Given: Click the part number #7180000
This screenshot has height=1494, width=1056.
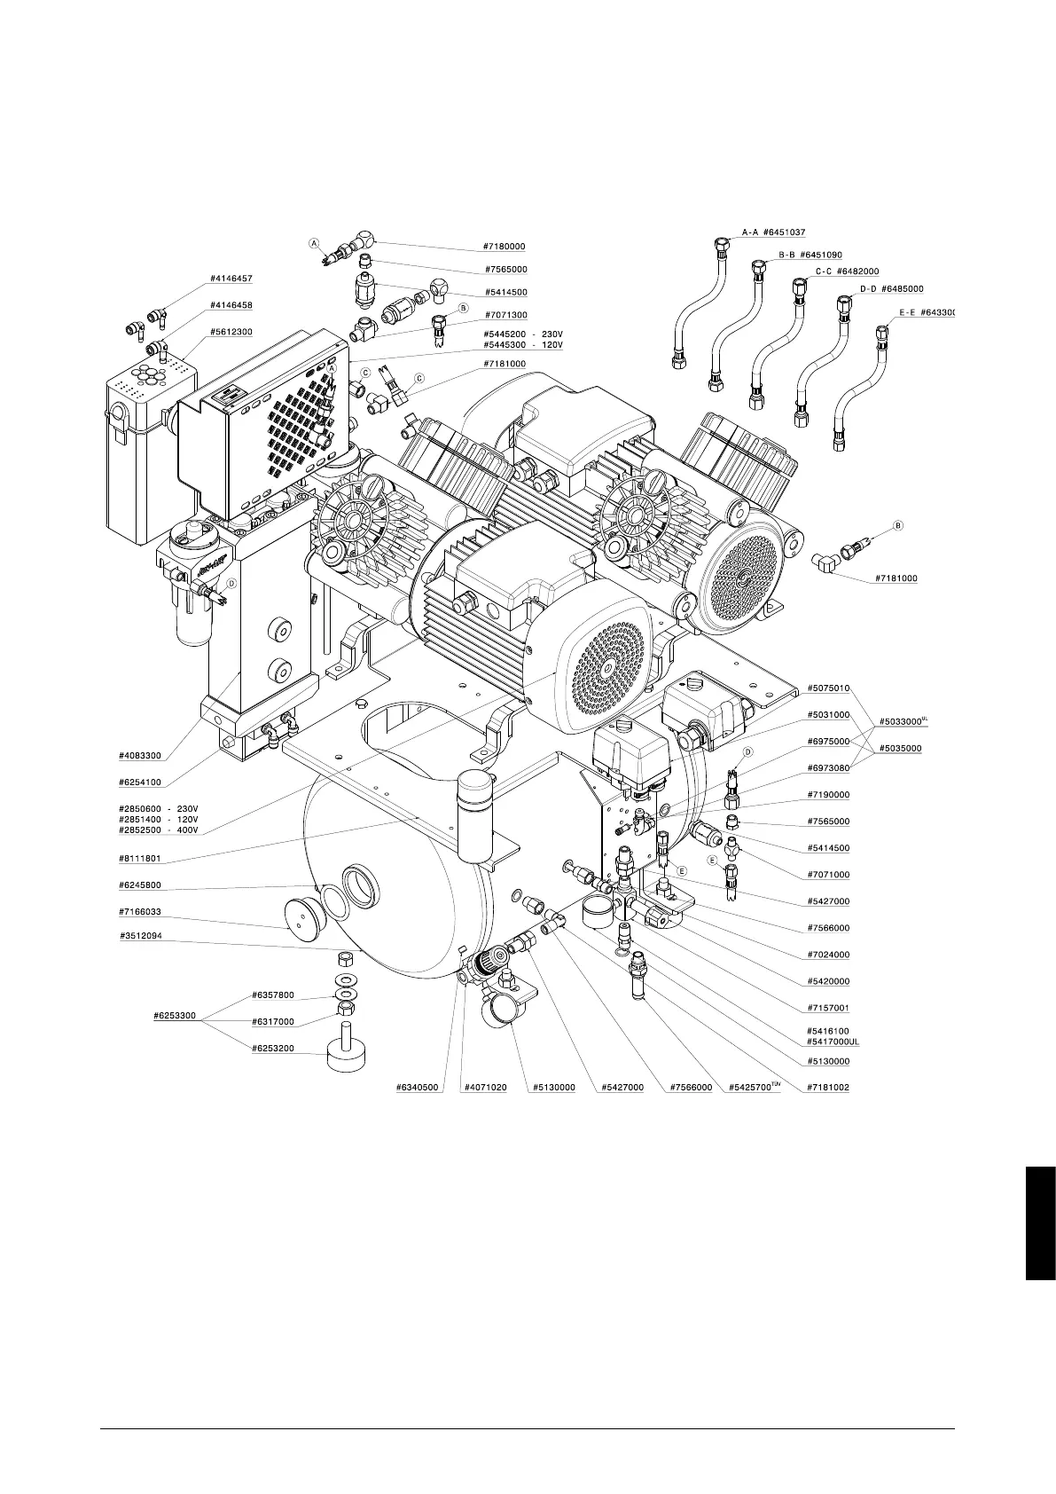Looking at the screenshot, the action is point(505,247).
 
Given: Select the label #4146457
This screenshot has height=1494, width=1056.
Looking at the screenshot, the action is point(231,279).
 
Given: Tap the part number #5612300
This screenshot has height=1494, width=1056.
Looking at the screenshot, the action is point(231,333).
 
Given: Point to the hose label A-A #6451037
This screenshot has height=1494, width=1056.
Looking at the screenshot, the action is point(773,232).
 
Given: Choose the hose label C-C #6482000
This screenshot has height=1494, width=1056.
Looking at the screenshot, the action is point(847,271).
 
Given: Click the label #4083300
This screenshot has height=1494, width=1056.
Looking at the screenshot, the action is point(140,756).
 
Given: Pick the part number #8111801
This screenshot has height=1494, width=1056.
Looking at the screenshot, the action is point(140,860).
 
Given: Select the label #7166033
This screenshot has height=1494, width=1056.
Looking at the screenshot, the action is point(140,911).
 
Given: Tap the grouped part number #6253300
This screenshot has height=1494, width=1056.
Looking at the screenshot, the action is point(174,1016).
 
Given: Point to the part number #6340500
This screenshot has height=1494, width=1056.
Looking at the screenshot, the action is point(418,1087).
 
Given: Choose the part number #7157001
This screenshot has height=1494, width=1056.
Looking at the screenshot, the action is point(828,1008).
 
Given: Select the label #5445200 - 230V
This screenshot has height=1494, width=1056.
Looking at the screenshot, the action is point(523,334).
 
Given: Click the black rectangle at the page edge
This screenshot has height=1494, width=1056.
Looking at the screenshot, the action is point(1040,1224).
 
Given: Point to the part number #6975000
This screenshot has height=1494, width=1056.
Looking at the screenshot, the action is point(828,741).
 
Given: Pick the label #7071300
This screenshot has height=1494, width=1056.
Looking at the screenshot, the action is point(505,315).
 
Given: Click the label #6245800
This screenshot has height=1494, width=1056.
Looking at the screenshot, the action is point(140,885).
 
